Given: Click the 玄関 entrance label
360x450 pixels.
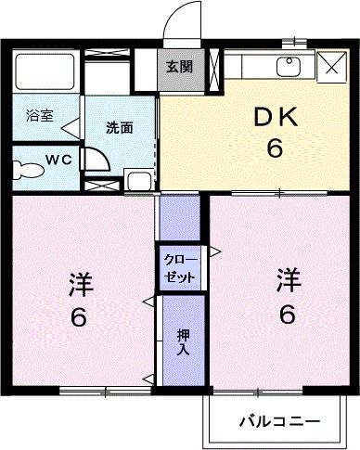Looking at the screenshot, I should click(180, 67).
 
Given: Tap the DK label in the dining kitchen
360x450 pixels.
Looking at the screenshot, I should click(275, 118).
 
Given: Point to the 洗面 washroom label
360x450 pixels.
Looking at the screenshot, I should click(119, 127).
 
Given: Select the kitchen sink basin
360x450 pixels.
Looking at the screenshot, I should click(289, 67).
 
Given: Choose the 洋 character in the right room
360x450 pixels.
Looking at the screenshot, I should click(289, 279).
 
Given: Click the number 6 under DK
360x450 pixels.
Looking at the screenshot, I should click(275, 148).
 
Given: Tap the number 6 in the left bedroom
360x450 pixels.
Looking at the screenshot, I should click(78, 318).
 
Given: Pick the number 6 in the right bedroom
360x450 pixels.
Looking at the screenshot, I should click(289, 315).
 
